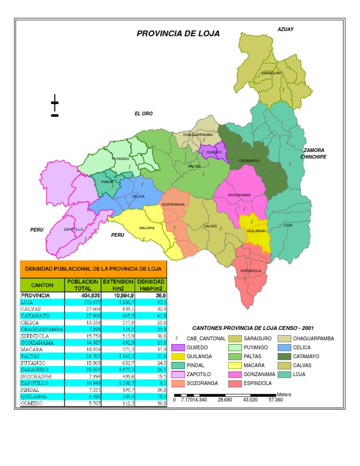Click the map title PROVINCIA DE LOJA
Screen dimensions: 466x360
point(178,34)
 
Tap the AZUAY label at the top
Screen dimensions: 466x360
point(285,29)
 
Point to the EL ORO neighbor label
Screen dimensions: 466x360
point(143,113)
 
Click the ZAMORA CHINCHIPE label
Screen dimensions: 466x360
point(313,153)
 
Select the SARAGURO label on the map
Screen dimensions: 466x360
point(271,73)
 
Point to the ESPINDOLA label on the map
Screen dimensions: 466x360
point(251,271)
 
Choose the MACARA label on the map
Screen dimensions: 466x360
point(147,228)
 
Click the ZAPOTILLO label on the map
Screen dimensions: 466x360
point(74,229)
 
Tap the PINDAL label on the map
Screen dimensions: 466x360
point(107,181)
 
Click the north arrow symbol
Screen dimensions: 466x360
point(55,107)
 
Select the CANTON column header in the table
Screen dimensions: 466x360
point(42,285)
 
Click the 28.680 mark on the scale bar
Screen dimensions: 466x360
point(226,400)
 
